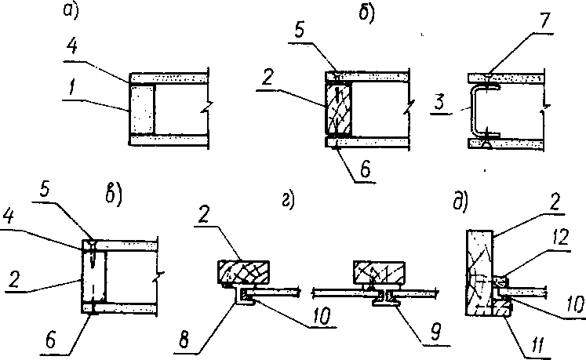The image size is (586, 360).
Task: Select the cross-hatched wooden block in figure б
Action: pos(338,109)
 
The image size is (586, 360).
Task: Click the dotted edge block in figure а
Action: pos(141,109)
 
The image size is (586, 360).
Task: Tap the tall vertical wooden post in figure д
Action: pos(479,267)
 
